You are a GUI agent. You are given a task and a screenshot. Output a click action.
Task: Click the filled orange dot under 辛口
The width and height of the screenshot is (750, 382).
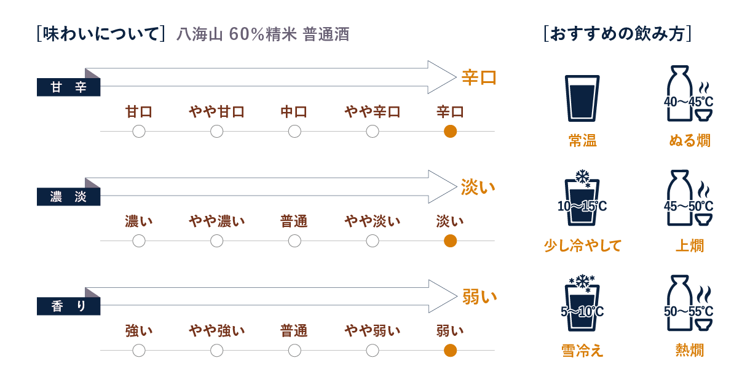click(450, 131)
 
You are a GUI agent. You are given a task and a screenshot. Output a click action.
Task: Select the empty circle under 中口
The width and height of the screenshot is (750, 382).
click(294, 131)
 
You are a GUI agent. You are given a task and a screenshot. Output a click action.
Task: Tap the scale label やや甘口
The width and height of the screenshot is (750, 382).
click(216, 112)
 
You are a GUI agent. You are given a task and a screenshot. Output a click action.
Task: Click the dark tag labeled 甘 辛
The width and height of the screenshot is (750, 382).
click(68, 88)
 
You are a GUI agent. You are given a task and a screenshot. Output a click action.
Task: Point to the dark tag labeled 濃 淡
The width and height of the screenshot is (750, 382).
click(68, 197)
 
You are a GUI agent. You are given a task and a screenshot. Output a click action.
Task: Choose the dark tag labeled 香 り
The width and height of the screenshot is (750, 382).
click(68, 306)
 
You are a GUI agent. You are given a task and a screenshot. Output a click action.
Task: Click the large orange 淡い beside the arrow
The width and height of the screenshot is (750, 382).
click(478, 187)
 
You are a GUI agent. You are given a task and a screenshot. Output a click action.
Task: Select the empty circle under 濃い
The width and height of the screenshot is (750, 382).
click(139, 241)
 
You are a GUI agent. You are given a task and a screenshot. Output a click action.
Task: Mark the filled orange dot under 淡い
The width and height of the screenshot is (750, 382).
click(450, 241)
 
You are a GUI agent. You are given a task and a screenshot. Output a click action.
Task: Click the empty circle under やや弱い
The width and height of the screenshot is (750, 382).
click(372, 350)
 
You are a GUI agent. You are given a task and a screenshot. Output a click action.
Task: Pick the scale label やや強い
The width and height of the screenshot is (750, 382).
click(216, 331)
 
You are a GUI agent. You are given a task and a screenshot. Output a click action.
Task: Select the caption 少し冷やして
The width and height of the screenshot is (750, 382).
click(582, 245)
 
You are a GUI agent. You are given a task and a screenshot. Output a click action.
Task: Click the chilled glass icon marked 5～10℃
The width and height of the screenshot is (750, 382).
click(582, 306)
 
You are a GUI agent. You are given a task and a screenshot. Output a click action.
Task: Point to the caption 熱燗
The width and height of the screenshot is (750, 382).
click(689, 350)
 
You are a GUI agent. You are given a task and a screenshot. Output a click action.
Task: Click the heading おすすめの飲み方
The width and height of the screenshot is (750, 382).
click(618, 33)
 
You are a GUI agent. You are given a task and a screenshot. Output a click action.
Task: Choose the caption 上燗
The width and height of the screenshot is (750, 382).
click(689, 245)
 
